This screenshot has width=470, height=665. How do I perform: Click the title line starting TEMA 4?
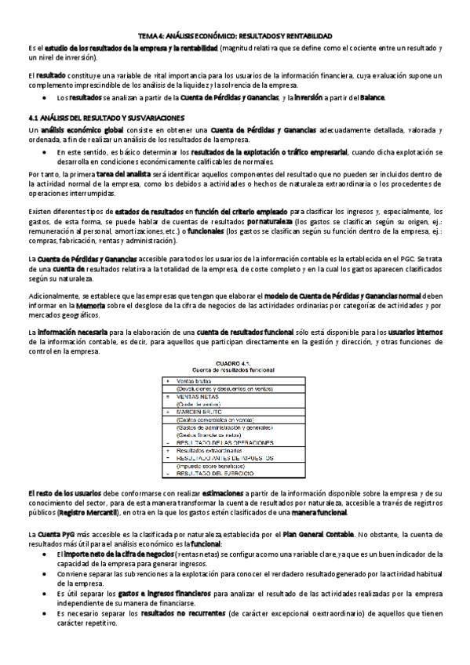(235, 37)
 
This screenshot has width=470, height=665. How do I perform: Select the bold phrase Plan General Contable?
(319, 534)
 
